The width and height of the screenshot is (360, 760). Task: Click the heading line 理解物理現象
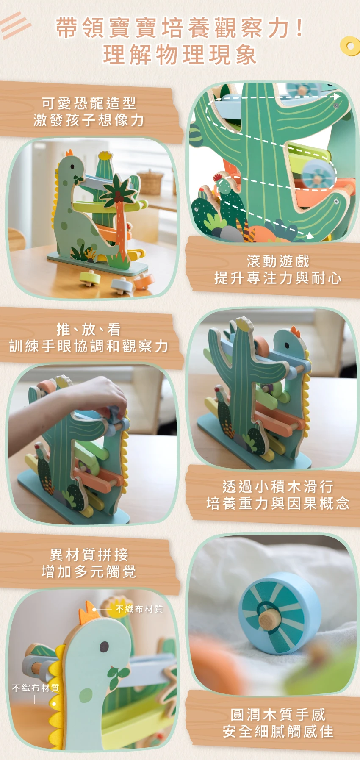(180, 55)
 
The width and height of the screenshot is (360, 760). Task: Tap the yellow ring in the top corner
(350, 46)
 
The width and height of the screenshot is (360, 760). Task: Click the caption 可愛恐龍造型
(89, 103)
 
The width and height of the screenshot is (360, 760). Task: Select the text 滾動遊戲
(278, 261)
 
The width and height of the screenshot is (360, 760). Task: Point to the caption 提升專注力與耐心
(278, 278)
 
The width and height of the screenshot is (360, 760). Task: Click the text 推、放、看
(89, 329)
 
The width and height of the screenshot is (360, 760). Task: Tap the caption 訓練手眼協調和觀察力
(89, 346)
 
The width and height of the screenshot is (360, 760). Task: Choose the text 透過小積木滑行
(278, 486)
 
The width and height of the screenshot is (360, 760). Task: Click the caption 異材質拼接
(89, 555)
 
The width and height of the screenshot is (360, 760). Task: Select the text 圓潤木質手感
(278, 715)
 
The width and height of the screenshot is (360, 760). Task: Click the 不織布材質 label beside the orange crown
(139, 609)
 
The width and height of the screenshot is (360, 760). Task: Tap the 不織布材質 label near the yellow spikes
(36, 688)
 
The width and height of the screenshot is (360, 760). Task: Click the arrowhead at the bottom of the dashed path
(310, 236)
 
